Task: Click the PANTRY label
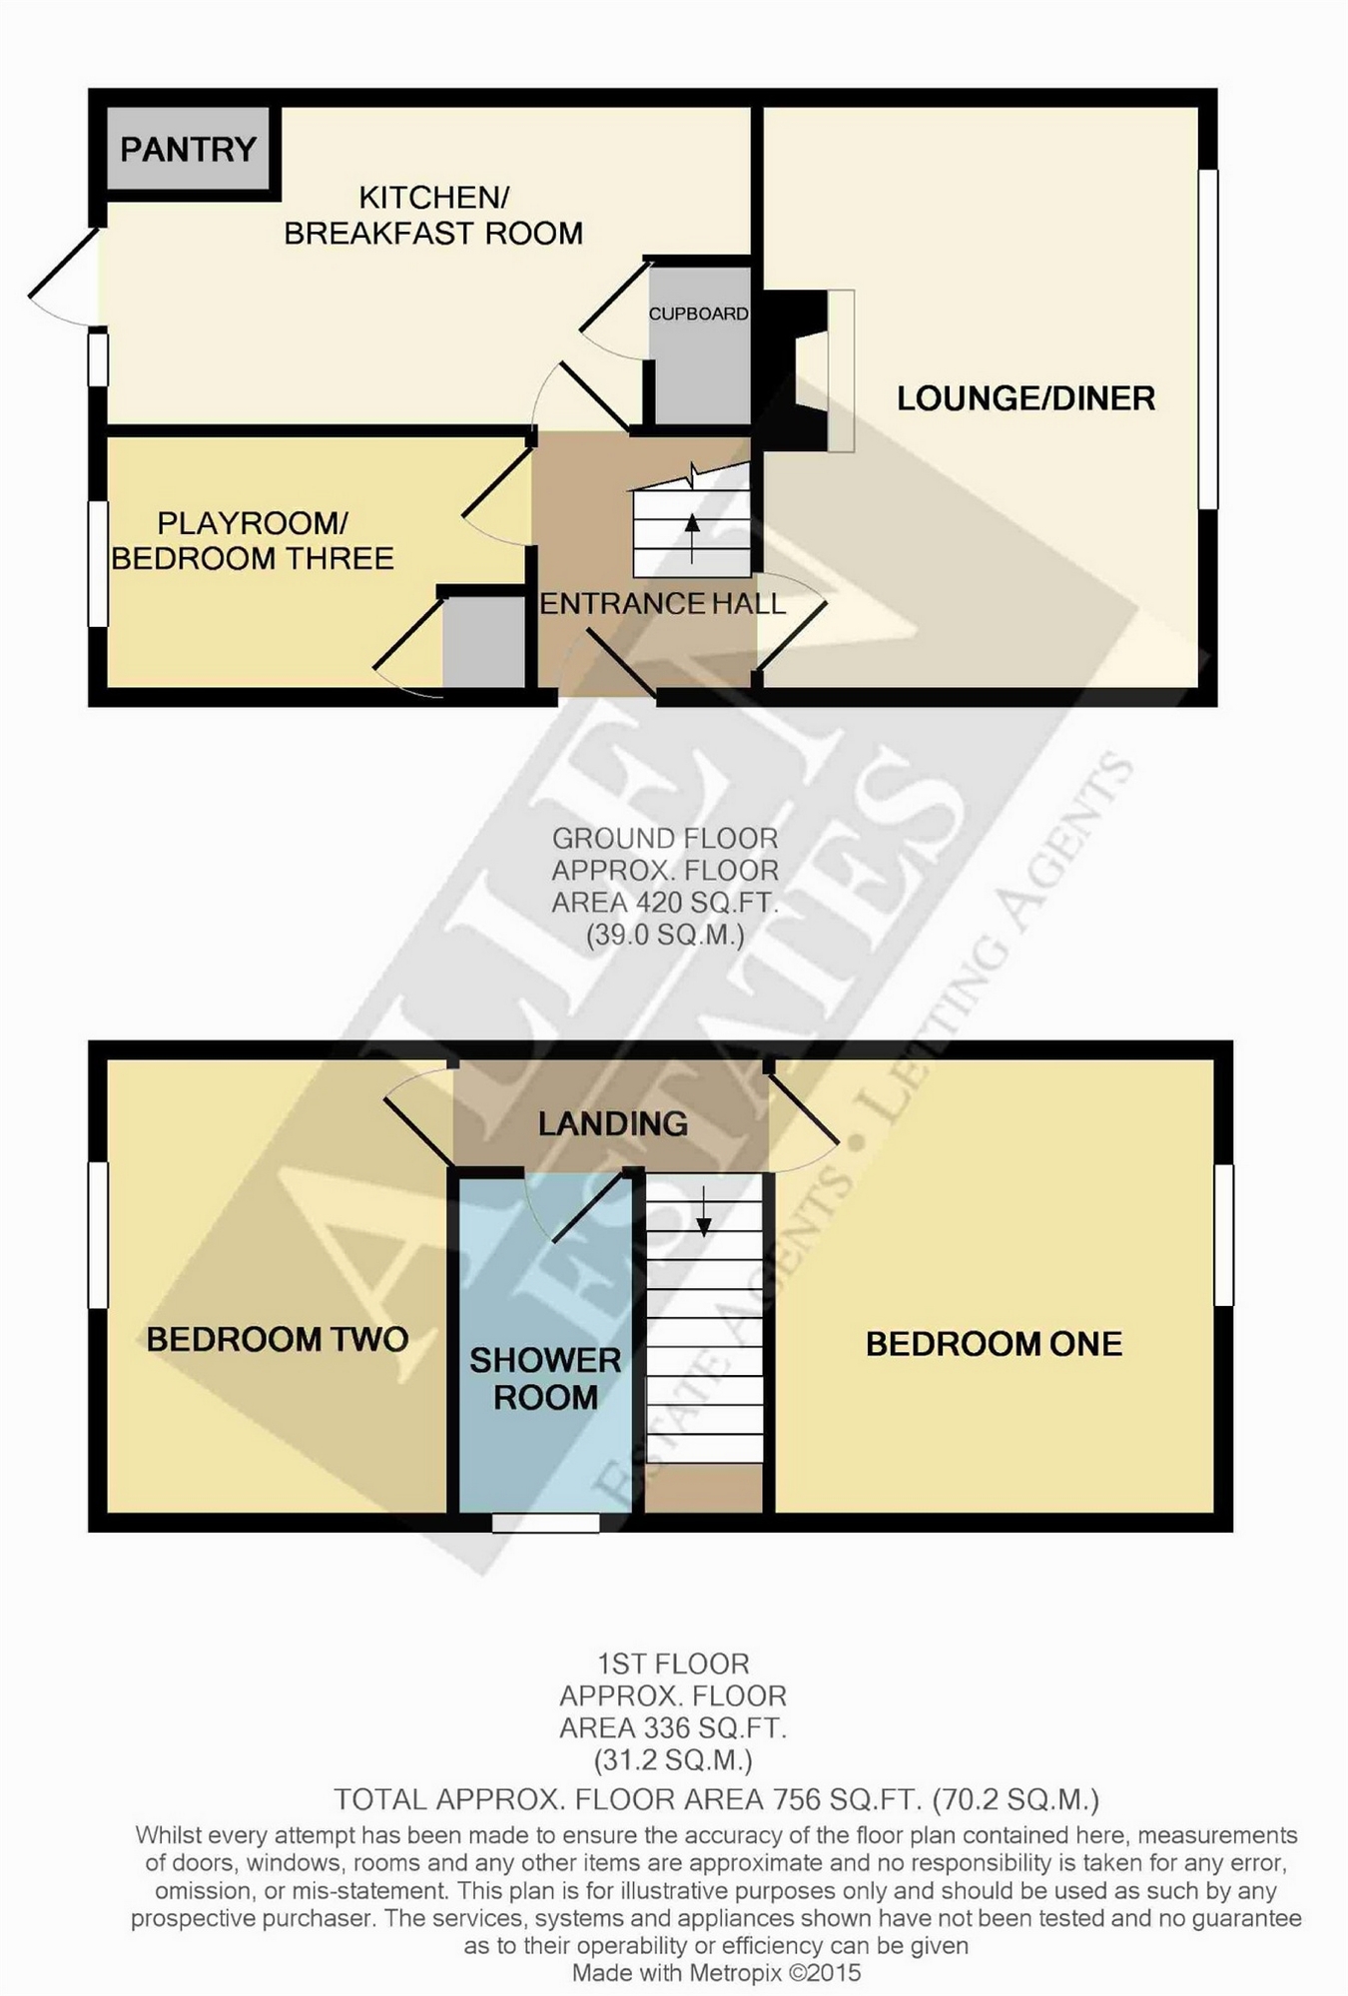(x=188, y=150)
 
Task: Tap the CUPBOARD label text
(x=699, y=314)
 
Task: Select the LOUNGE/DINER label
(x=1025, y=398)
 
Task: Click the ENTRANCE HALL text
(x=663, y=603)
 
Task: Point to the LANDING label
(x=613, y=1124)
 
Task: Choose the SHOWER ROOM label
(x=545, y=1378)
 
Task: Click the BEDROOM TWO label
(x=278, y=1339)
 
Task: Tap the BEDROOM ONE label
(x=994, y=1344)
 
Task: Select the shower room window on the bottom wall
(x=546, y=1523)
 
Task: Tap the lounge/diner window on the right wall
(x=1208, y=339)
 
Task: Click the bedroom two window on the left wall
(x=98, y=1235)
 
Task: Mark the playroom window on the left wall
(x=98, y=564)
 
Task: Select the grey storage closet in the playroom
(x=484, y=642)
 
